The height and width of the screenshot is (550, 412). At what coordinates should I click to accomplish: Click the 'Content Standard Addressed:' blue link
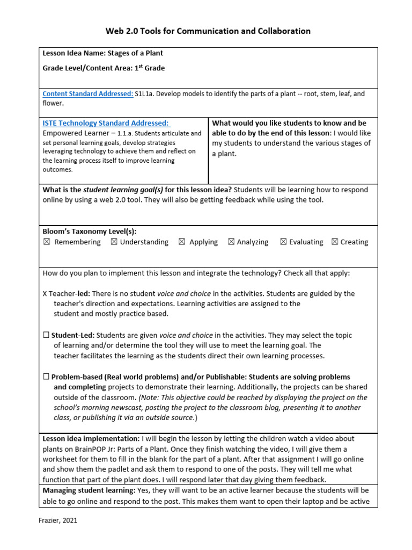coord(88,93)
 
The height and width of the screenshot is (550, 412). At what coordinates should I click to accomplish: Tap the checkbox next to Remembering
coord(46,242)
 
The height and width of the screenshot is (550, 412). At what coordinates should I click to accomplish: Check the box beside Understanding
coord(114,242)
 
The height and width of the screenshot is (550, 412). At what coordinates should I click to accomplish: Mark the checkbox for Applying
coord(182,242)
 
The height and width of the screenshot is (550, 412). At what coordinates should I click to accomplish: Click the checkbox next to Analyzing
coord(231,242)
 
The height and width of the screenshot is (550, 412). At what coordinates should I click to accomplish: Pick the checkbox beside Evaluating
coord(283,242)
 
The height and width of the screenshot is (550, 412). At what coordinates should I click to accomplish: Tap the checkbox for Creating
coord(335,242)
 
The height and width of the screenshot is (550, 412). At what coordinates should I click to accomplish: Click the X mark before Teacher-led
coord(45,294)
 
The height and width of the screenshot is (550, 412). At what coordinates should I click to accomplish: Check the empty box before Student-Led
coord(46,335)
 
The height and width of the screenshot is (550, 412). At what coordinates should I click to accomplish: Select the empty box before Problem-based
coord(46,377)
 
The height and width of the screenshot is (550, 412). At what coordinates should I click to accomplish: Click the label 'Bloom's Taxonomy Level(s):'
coord(90,231)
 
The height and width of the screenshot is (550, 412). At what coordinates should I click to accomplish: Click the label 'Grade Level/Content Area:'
coord(88,68)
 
